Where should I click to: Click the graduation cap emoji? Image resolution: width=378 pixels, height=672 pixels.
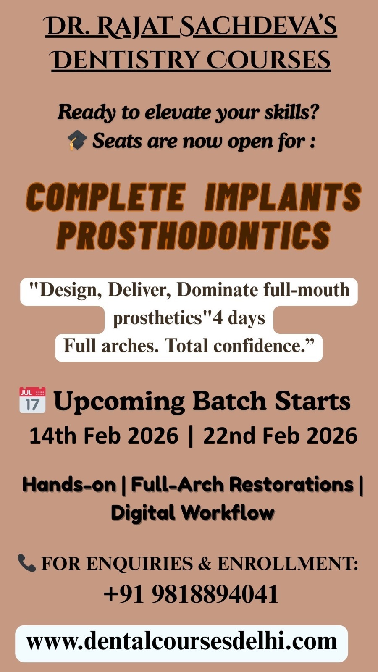click(x=77, y=140)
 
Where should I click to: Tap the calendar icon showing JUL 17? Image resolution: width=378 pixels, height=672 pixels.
click(x=32, y=400)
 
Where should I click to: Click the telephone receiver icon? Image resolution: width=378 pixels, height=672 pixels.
click(x=27, y=563)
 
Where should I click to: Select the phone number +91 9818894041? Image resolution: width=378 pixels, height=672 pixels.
click(x=191, y=594)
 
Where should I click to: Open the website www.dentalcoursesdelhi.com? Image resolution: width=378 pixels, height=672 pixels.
click(x=181, y=641)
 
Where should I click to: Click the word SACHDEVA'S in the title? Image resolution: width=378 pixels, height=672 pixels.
click(x=259, y=26)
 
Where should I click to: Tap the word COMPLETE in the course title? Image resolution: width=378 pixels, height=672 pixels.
click(x=105, y=197)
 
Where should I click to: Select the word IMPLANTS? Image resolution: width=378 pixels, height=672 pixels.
click(x=283, y=197)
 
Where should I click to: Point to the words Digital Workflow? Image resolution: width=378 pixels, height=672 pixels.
click(x=193, y=513)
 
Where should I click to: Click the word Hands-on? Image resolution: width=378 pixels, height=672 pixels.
click(x=69, y=484)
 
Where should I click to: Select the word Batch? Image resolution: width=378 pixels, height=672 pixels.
click(x=229, y=401)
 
